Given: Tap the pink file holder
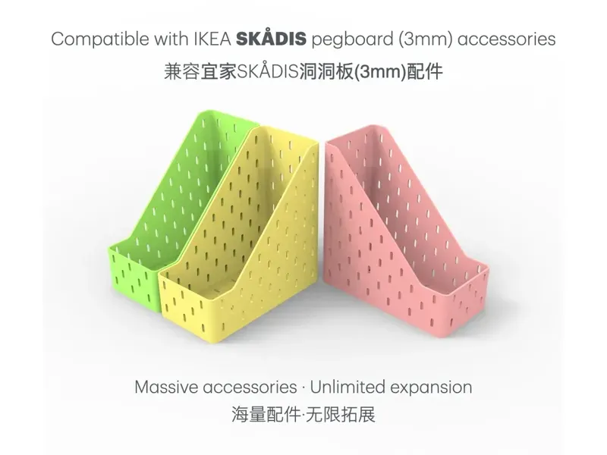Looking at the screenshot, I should [x=395, y=227].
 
